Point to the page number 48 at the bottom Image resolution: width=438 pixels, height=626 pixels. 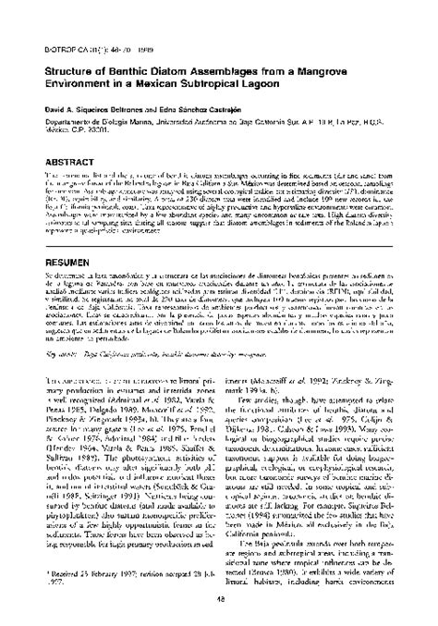[219, 598]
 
